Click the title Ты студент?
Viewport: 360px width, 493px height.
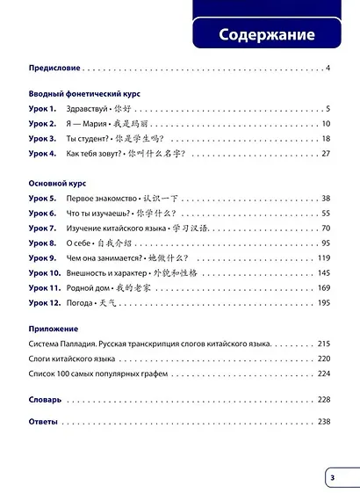102,139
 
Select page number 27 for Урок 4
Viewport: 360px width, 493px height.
325,154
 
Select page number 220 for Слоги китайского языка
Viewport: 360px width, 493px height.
322,359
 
